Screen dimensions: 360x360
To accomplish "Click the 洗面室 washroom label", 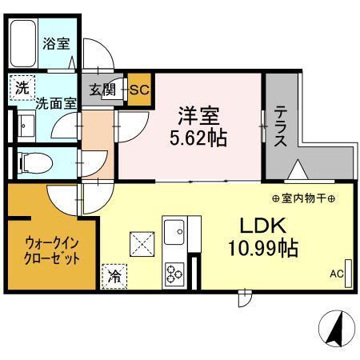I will point(55,102).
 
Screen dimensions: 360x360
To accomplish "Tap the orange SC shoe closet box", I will point(139,88).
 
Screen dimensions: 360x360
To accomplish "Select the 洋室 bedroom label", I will point(195,115).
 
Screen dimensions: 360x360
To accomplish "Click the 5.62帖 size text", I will point(197,137).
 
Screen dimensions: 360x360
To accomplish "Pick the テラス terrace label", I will point(282,128).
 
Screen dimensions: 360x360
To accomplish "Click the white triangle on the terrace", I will point(296,170).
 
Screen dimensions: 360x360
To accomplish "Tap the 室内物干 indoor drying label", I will point(302,198).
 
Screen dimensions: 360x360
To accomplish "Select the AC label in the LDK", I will point(336,273).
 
